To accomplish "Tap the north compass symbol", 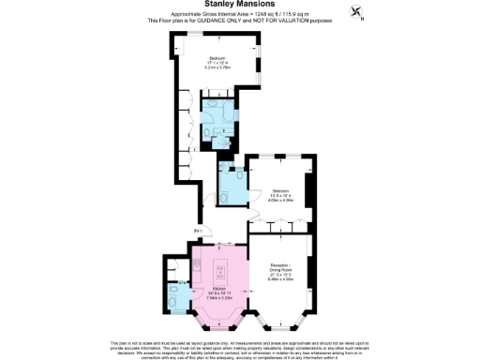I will [x=357, y=12].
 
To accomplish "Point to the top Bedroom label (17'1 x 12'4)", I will [x=217, y=57].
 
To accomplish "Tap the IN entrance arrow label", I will [x=198, y=231].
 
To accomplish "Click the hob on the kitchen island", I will [x=221, y=273].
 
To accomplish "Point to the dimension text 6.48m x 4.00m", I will [x=280, y=278].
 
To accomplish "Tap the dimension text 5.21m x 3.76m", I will [x=217, y=68].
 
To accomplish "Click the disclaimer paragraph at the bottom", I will [x=239, y=347].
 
